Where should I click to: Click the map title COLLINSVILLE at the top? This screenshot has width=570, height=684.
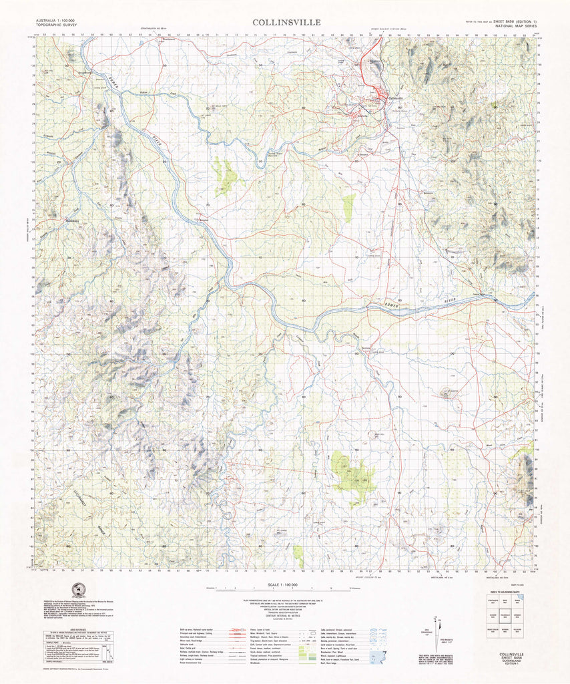286,22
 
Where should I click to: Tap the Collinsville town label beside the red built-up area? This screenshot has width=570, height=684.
396,100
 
